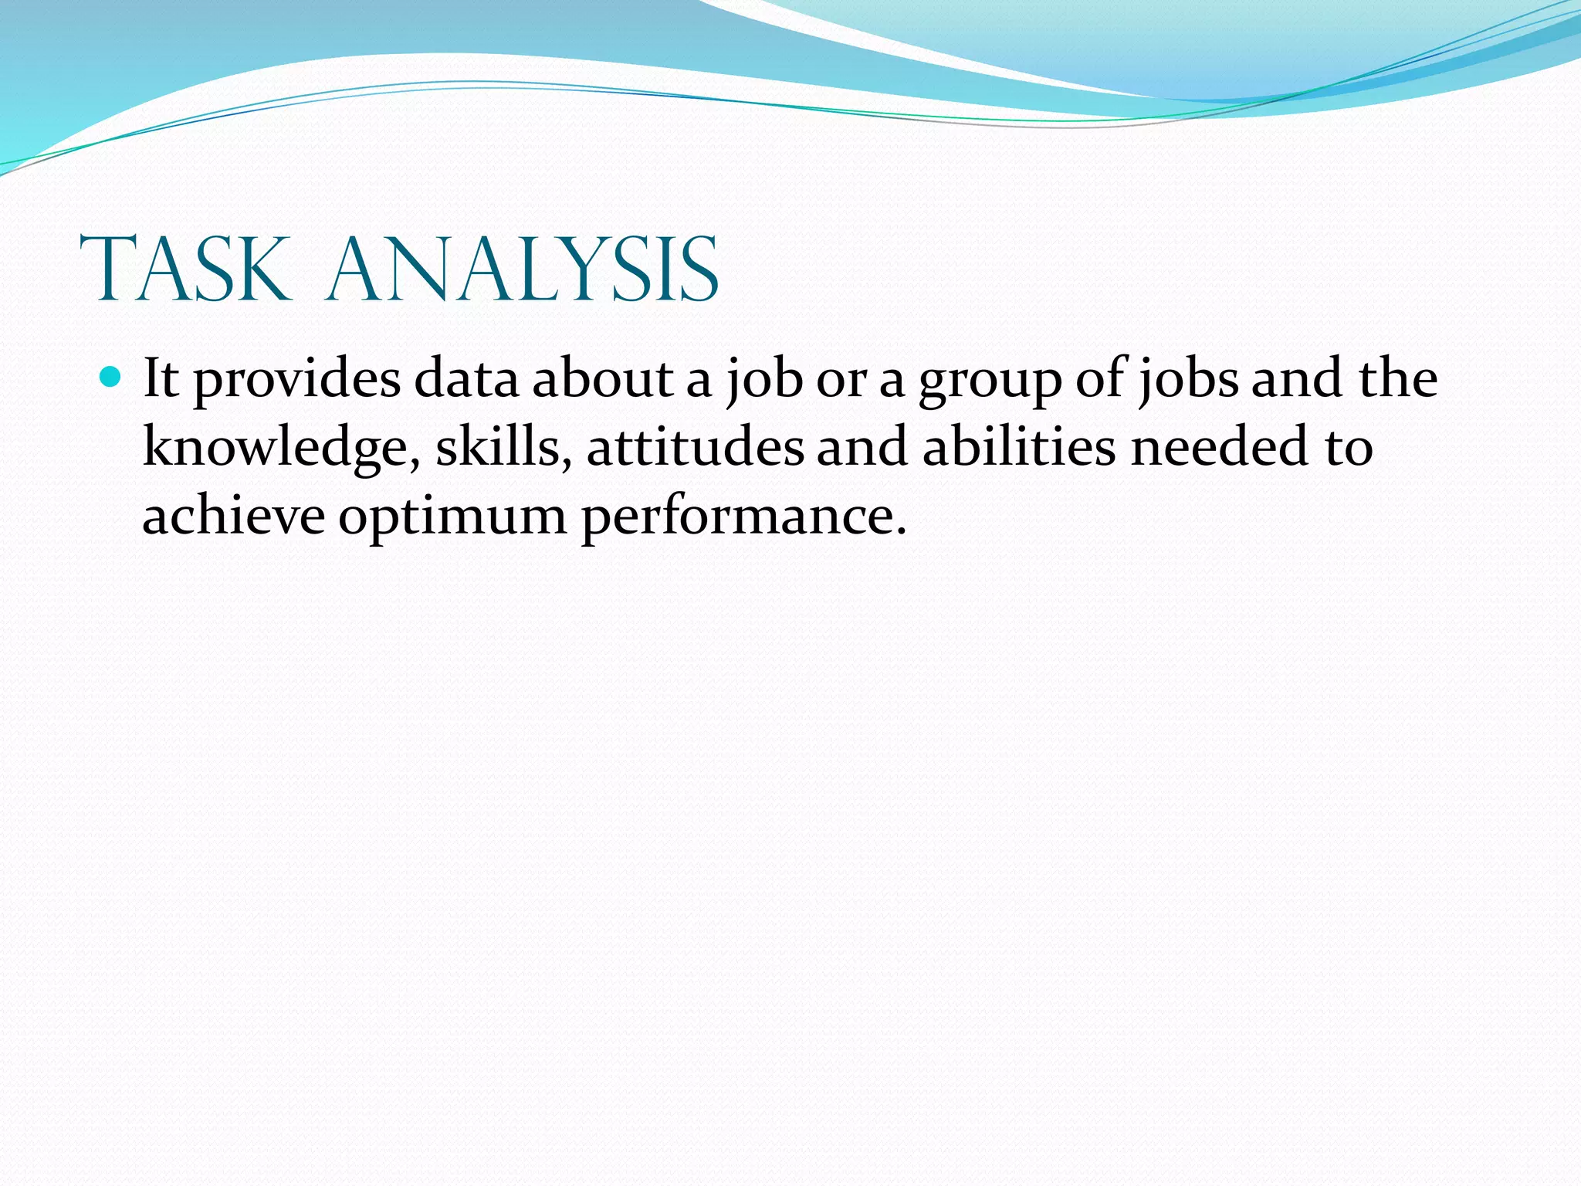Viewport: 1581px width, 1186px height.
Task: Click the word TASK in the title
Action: tap(185, 269)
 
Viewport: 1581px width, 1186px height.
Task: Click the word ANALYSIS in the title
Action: tap(523, 269)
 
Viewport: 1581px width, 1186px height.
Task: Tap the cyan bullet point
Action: tap(112, 378)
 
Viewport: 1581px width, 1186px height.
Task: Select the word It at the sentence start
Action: tap(161, 379)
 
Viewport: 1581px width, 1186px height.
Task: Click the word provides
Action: tap(297, 381)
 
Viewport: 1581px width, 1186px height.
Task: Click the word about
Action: tap(603, 379)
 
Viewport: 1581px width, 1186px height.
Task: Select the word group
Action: tap(990, 381)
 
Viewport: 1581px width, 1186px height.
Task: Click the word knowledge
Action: tap(274, 448)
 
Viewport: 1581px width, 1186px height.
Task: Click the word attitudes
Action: tap(695, 448)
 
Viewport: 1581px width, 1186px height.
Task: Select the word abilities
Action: tap(1019, 448)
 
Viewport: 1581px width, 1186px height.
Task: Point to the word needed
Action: tap(1220, 448)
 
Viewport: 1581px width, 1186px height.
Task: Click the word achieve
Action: tap(234, 516)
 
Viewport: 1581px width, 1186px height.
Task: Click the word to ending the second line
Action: tap(1349, 448)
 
